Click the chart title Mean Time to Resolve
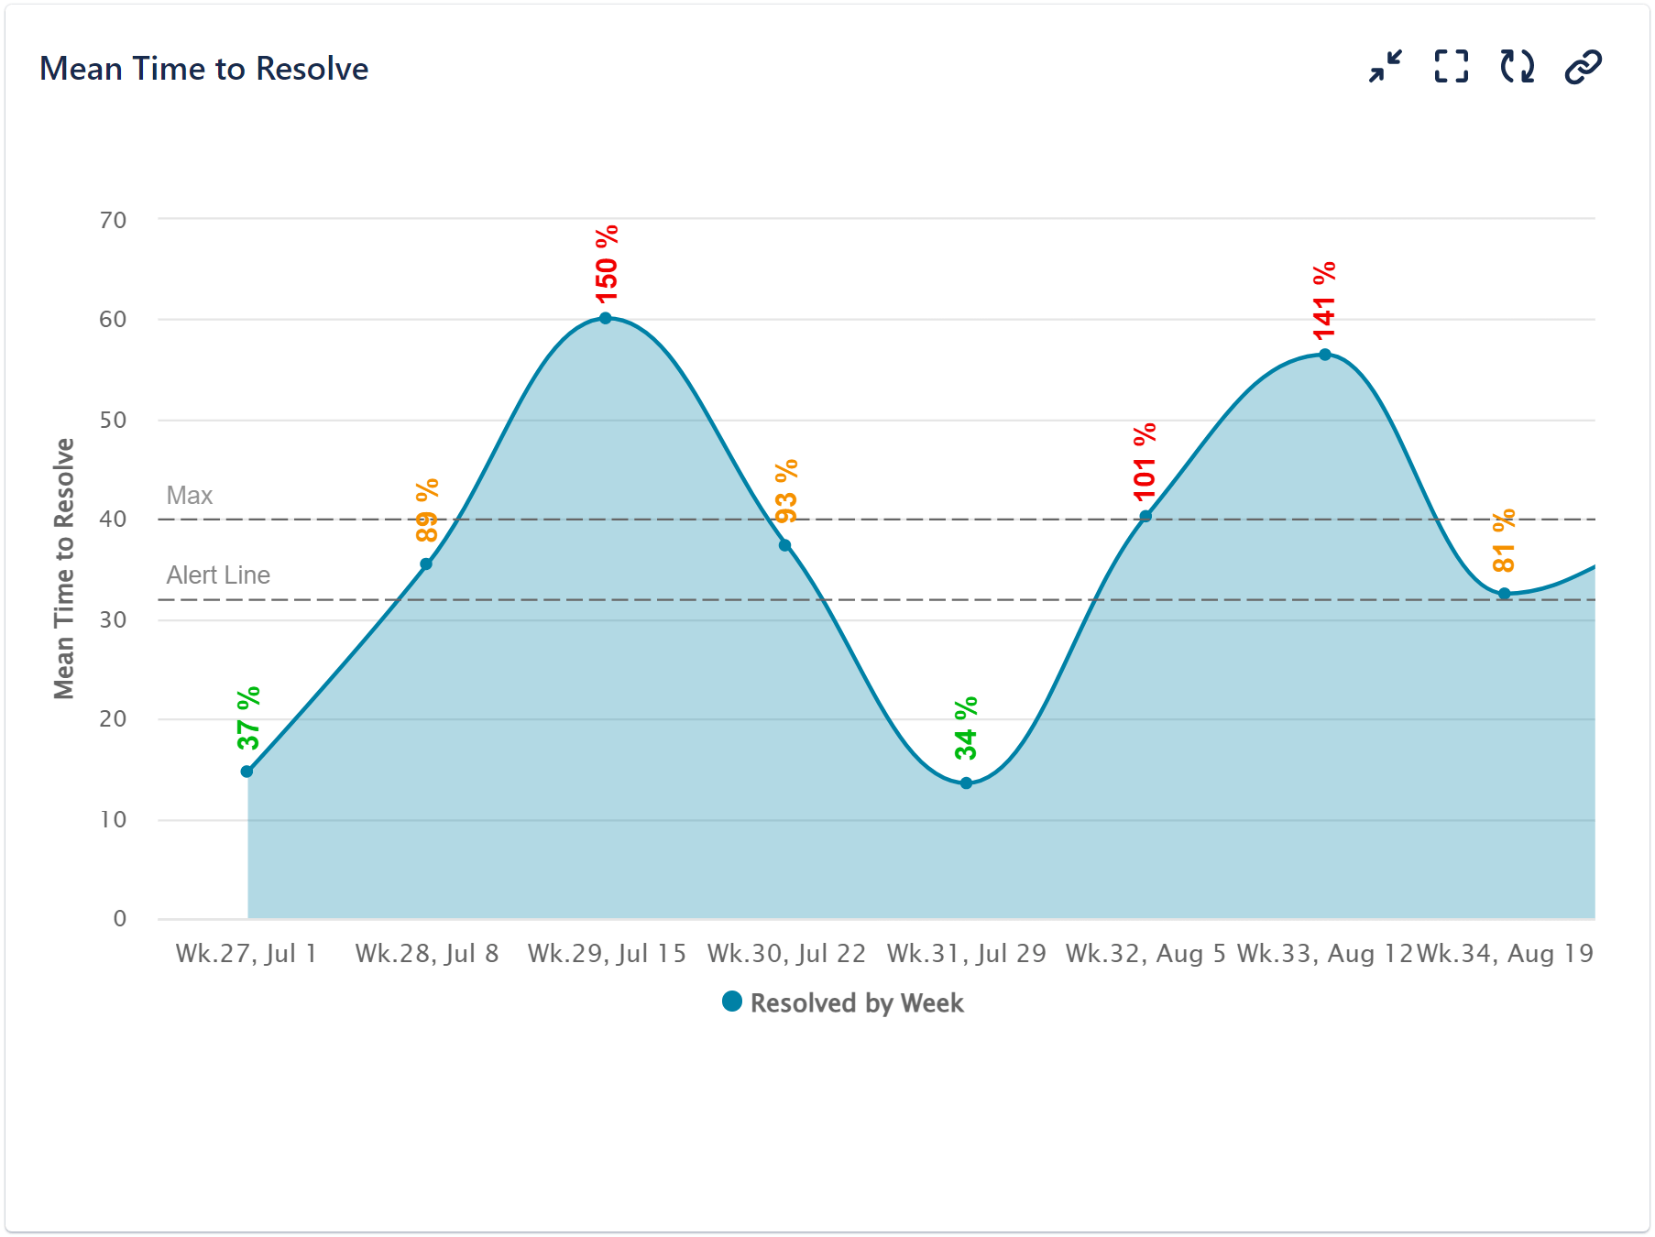(203, 69)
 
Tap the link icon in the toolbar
(1583, 67)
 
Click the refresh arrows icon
(1517, 67)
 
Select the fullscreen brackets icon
(1451, 67)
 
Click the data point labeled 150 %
(605, 318)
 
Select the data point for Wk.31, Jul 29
(966, 783)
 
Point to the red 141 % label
(1324, 301)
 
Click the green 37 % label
(248, 718)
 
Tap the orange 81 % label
(1504, 541)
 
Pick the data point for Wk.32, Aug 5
(1145, 516)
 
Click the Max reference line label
(189, 496)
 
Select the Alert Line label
(218, 575)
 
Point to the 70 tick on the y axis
(114, 220)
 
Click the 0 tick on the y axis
(120, 918)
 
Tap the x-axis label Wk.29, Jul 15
(607, 954)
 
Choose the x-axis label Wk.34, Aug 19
(1505, 954)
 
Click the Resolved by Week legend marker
(731, 1002)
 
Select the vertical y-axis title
(63, 568)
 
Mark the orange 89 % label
(427, 511)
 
